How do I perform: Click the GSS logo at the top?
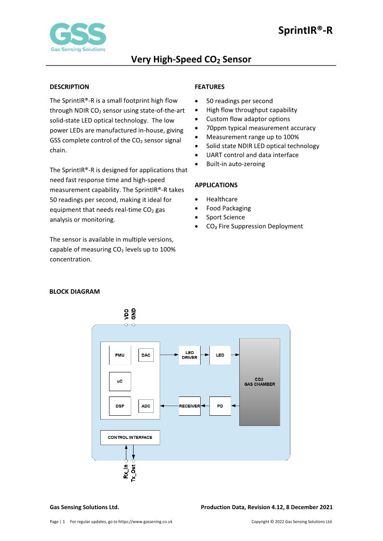pyautogui.click(x=78, y=37)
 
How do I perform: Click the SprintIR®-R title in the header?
pyautogui.click(x=305, y=31)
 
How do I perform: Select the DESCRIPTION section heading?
pyautogui.click(x=69, y=87)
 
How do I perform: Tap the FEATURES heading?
pyautogui.click(x=209, y=87)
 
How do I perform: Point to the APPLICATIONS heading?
pyautogui.click(x=216, y=185)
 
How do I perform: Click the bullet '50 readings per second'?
pyautogui.click(x=239, y=101)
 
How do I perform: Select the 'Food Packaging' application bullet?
pyautogui.click(x=228, y=208)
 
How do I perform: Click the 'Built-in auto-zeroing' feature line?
pyautogui.click(x=235, y=164)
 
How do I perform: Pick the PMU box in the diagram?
pyautogui.click(x=120, y=355)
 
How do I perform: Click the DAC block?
pyautogui.click(x=146, y=355)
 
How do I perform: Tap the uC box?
pyautogui.click(x=120, y=381)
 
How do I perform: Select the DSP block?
pyautogui.click(x=120, y=406)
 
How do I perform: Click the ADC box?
pyautogui.click(x=146, y=406)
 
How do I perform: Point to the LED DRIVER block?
pyautogui.click(x=190, y=355)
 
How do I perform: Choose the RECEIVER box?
pyautogui.click(x=190, y=406)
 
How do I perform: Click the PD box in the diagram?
pyautogui.click(x=220, y=406)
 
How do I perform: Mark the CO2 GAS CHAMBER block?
pyautogui.click(x=260, y=382)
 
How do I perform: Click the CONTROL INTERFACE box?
pyautogui.click(x=130, y=437)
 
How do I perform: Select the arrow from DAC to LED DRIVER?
pyautogui.click(x=168, y=355)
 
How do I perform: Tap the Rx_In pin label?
pyautogui.click(x=126, y=470)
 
